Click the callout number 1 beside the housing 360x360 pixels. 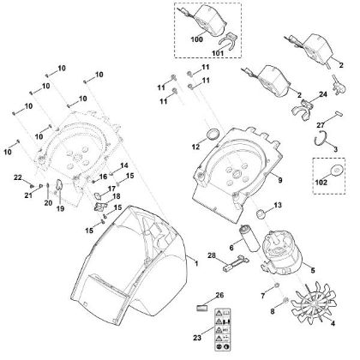tap(195, 266)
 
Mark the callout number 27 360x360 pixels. tap(321, 126)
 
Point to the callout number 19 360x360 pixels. tap(60, 207)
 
